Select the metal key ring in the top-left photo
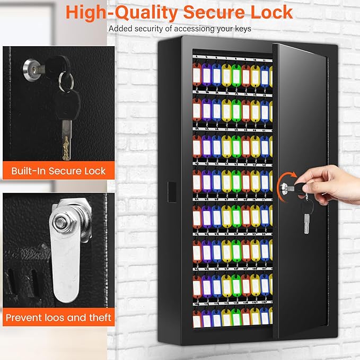tap(66, 81)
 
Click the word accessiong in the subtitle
tap(183, 29)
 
